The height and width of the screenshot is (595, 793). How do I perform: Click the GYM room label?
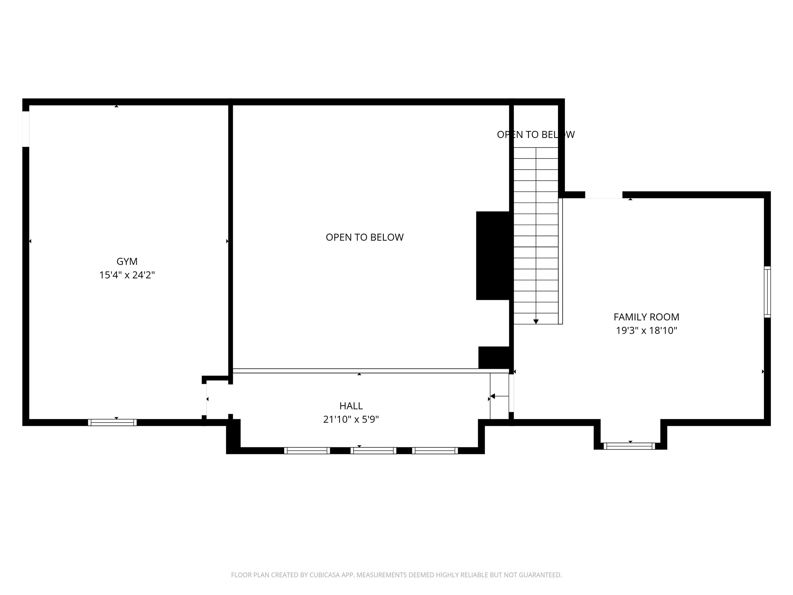click(127, 261)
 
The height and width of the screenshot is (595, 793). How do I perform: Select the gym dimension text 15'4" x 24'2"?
click(127, 275)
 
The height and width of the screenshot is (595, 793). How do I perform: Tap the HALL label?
click(351, 406)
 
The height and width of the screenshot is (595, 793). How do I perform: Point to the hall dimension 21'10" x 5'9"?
click(351, 420)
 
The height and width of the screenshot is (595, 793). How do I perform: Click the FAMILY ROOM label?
click(646, 317)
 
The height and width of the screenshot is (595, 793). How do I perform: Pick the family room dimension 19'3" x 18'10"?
click(646, 331)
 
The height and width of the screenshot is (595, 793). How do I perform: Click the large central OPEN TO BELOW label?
click(364, 237)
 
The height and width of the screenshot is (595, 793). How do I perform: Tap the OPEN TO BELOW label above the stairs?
click(536, 135)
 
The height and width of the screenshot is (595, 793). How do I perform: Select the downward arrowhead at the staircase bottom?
click(536, 322)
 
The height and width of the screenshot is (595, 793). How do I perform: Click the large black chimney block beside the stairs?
click(493, 256)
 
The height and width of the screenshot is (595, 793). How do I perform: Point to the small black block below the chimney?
click(494, 357)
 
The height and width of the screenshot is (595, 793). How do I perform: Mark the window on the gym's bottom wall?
click(112, 423)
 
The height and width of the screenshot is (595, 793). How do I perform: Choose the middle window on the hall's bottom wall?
click(373, 451)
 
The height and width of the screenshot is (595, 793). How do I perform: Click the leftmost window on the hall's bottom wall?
click(307, 451)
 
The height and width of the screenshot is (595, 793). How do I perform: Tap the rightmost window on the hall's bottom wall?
click(435, 451)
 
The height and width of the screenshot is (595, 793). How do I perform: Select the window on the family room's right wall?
click(767, 292)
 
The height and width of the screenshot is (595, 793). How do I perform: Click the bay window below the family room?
click(629, 446)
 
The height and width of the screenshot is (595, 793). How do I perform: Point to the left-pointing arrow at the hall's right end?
click(493, 396)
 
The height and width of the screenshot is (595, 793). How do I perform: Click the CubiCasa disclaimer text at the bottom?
click(396, 575)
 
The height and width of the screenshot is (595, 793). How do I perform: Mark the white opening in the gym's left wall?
click(26, 129)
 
